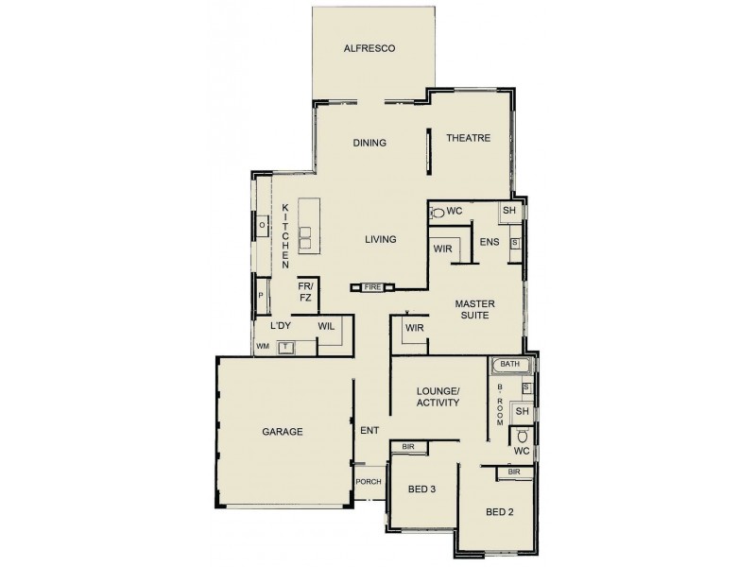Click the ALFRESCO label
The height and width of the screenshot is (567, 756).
(x=369, y=47)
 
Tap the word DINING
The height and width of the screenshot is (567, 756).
(x=369, y=144)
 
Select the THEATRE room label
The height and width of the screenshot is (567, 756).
(x=469, y=138)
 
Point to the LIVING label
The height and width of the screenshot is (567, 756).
(x=380, y=239)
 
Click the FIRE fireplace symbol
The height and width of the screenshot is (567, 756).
(x=370, y=285)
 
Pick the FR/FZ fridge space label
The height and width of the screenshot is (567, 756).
(x=305, y=291)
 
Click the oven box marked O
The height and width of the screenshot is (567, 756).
(x=262, y=226)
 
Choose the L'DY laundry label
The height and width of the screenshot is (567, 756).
(x=279, y=326)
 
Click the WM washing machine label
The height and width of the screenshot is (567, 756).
(x=263, y=348)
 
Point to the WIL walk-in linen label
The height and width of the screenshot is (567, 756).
(x=326, y=326)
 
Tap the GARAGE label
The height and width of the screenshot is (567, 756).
(x=282, y=432)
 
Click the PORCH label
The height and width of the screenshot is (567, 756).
(x=368, y=481)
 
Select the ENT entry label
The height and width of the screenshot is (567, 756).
(x=369, y=431)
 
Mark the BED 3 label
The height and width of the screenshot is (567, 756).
(x=421, y=490)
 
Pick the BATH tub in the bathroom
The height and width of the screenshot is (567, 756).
(x=511, y=364)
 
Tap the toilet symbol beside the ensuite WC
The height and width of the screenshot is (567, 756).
(x=436, y=214)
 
